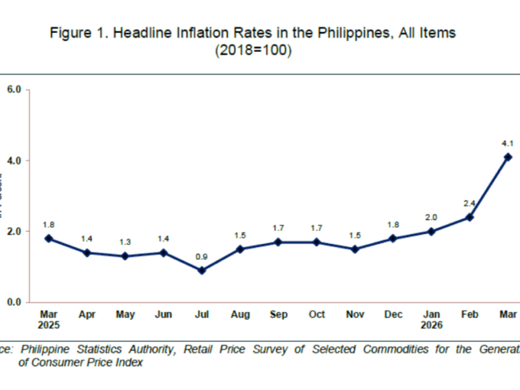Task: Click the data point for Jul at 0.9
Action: tap(201, 270)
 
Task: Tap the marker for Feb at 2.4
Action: tap(469, 217)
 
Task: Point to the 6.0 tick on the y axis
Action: tap(14, 89)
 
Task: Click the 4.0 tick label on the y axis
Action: tap(14, 161)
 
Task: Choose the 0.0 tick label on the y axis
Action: tap(14, 302)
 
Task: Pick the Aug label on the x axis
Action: tap(240, 315)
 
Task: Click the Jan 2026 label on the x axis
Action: tap(431, 319)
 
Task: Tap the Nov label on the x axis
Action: tap(355, 315)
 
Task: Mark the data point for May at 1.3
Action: tap(125, 256)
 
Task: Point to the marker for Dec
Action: tap(393, 239)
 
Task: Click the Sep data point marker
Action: tap(278, 242)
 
